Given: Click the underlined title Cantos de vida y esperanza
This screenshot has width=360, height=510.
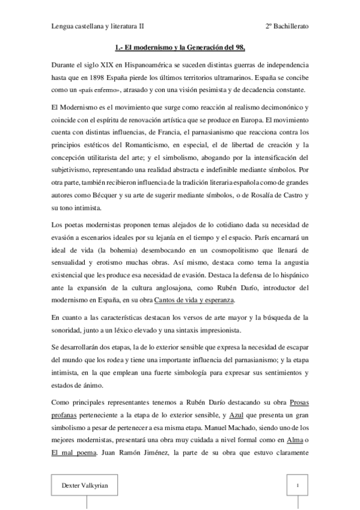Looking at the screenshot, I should click(194, 300).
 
